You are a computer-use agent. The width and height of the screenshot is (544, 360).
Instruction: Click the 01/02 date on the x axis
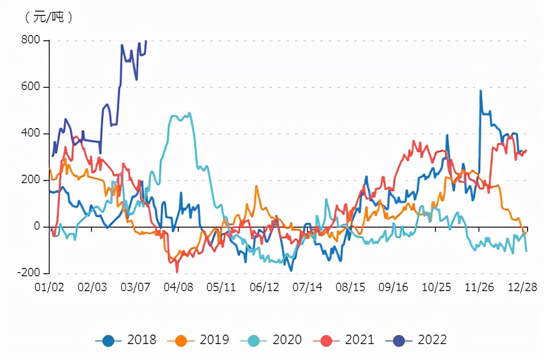[x=49, y=287]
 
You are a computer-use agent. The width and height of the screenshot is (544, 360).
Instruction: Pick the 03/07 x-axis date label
[x=135, y=287]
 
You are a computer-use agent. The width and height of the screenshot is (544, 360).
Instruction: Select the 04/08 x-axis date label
[x=178, y=287]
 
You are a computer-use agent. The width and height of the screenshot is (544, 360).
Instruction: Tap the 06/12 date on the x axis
[x=264, y=287]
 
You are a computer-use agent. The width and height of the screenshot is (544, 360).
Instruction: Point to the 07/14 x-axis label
[x=307, y=287]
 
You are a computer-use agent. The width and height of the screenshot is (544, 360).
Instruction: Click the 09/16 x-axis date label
[x=393, y=287]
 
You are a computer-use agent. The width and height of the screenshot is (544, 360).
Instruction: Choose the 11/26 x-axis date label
[x=479, y=287]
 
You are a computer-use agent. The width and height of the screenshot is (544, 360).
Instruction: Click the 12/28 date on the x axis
[x=522, y=287]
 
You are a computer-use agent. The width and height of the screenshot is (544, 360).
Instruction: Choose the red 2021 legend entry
[x=344, y=340]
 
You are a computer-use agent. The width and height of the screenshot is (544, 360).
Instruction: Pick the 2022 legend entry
[x=416, y=340]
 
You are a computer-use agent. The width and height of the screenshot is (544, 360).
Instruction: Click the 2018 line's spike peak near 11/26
[x=480, y=91]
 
